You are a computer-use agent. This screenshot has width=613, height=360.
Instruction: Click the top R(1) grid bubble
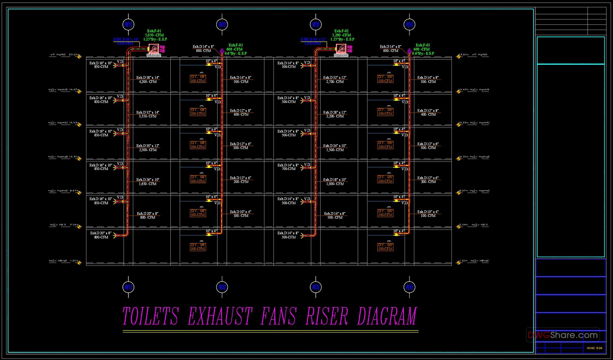coord(128,25)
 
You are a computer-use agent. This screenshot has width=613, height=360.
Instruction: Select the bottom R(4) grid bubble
coord(409,287)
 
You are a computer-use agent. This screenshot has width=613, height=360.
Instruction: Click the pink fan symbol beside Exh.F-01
coord(154,49)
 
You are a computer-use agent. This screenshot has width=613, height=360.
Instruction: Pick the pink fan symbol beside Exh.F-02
coord(341,49)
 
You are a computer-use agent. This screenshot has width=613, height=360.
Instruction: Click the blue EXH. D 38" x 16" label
coord(126,40)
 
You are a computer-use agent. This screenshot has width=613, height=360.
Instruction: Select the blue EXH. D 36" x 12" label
coord(313,40)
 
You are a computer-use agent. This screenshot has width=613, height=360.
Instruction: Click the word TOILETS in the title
coord(151,316)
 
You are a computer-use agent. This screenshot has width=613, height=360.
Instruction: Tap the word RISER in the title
coord(327,316)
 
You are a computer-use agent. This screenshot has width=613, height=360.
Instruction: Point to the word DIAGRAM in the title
coord(387,316)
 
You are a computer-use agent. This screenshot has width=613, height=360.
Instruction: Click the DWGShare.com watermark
coord(563,335)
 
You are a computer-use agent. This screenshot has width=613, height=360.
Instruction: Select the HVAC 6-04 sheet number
coord(594,348)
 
